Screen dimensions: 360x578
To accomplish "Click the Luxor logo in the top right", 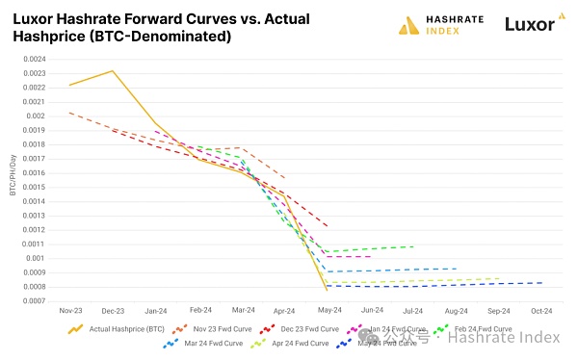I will [529, 23].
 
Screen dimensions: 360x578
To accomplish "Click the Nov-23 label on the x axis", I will [70, 311].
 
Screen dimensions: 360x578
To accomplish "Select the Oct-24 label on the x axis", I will [540, 311].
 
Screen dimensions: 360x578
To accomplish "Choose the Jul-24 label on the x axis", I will [412, 311].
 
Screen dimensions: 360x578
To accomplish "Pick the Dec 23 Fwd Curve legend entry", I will [302, 329].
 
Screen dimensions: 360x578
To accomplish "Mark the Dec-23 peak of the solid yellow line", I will [113, 71].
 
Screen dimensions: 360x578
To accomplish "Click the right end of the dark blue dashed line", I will [541, 283].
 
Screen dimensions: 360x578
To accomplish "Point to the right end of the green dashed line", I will [413, 246].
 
